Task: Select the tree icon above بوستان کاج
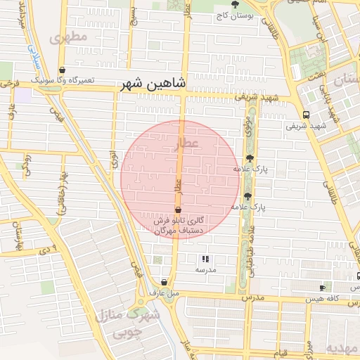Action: pyautogui.click(x=225, y=4)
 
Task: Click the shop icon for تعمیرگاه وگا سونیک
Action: pyautogui.click(x=64, y=70)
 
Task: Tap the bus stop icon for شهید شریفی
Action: pyautogui.click(x=305, y=115)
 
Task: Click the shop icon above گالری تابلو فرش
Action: pyautogui.click(x=177, y=210)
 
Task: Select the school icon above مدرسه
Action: pyautogui.click(x=205, y=259)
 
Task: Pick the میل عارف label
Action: pyautogui.click(x=165, y=292)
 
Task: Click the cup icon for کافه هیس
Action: pyautogui.click(x=322, y=288)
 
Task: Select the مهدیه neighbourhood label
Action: pyautogui.click(x=342, y=349)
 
